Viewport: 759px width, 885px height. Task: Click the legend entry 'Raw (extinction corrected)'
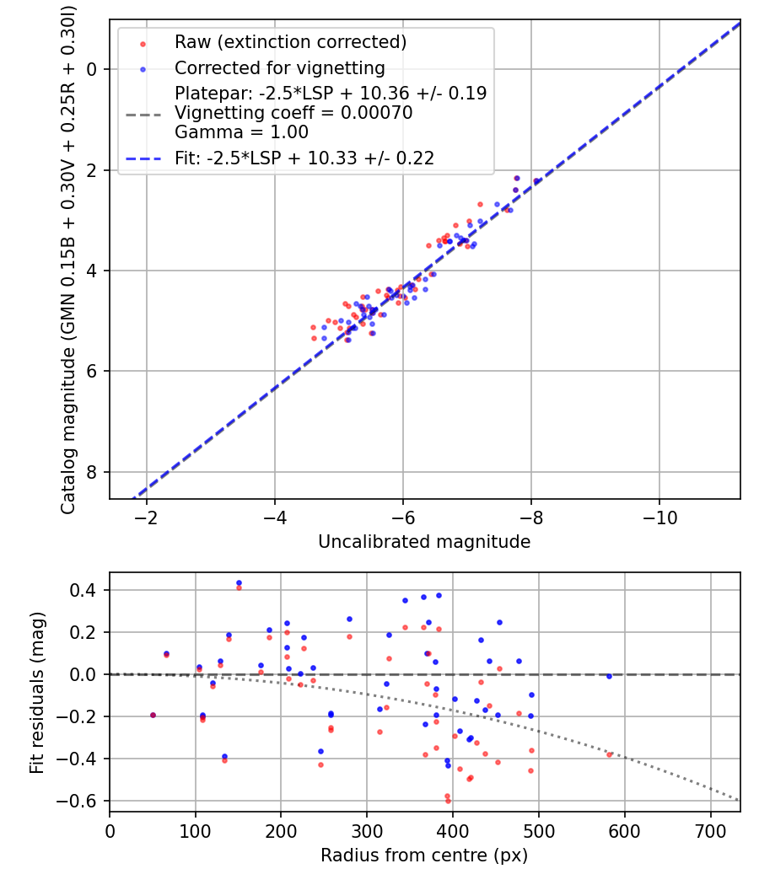(290, 42)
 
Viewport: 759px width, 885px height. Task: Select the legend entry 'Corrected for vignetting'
(279, 67)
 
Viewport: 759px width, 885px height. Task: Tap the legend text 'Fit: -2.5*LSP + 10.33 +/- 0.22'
(304, 158)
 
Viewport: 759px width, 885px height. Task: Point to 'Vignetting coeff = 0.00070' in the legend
(293, 113)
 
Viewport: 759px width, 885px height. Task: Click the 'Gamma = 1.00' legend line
(241, 132)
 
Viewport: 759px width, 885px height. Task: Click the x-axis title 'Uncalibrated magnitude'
(424, 542)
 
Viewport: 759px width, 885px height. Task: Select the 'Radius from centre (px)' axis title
(424, 855)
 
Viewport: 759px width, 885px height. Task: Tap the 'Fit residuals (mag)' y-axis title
(36, 693)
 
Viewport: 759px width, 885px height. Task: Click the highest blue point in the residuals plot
(239, 582)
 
